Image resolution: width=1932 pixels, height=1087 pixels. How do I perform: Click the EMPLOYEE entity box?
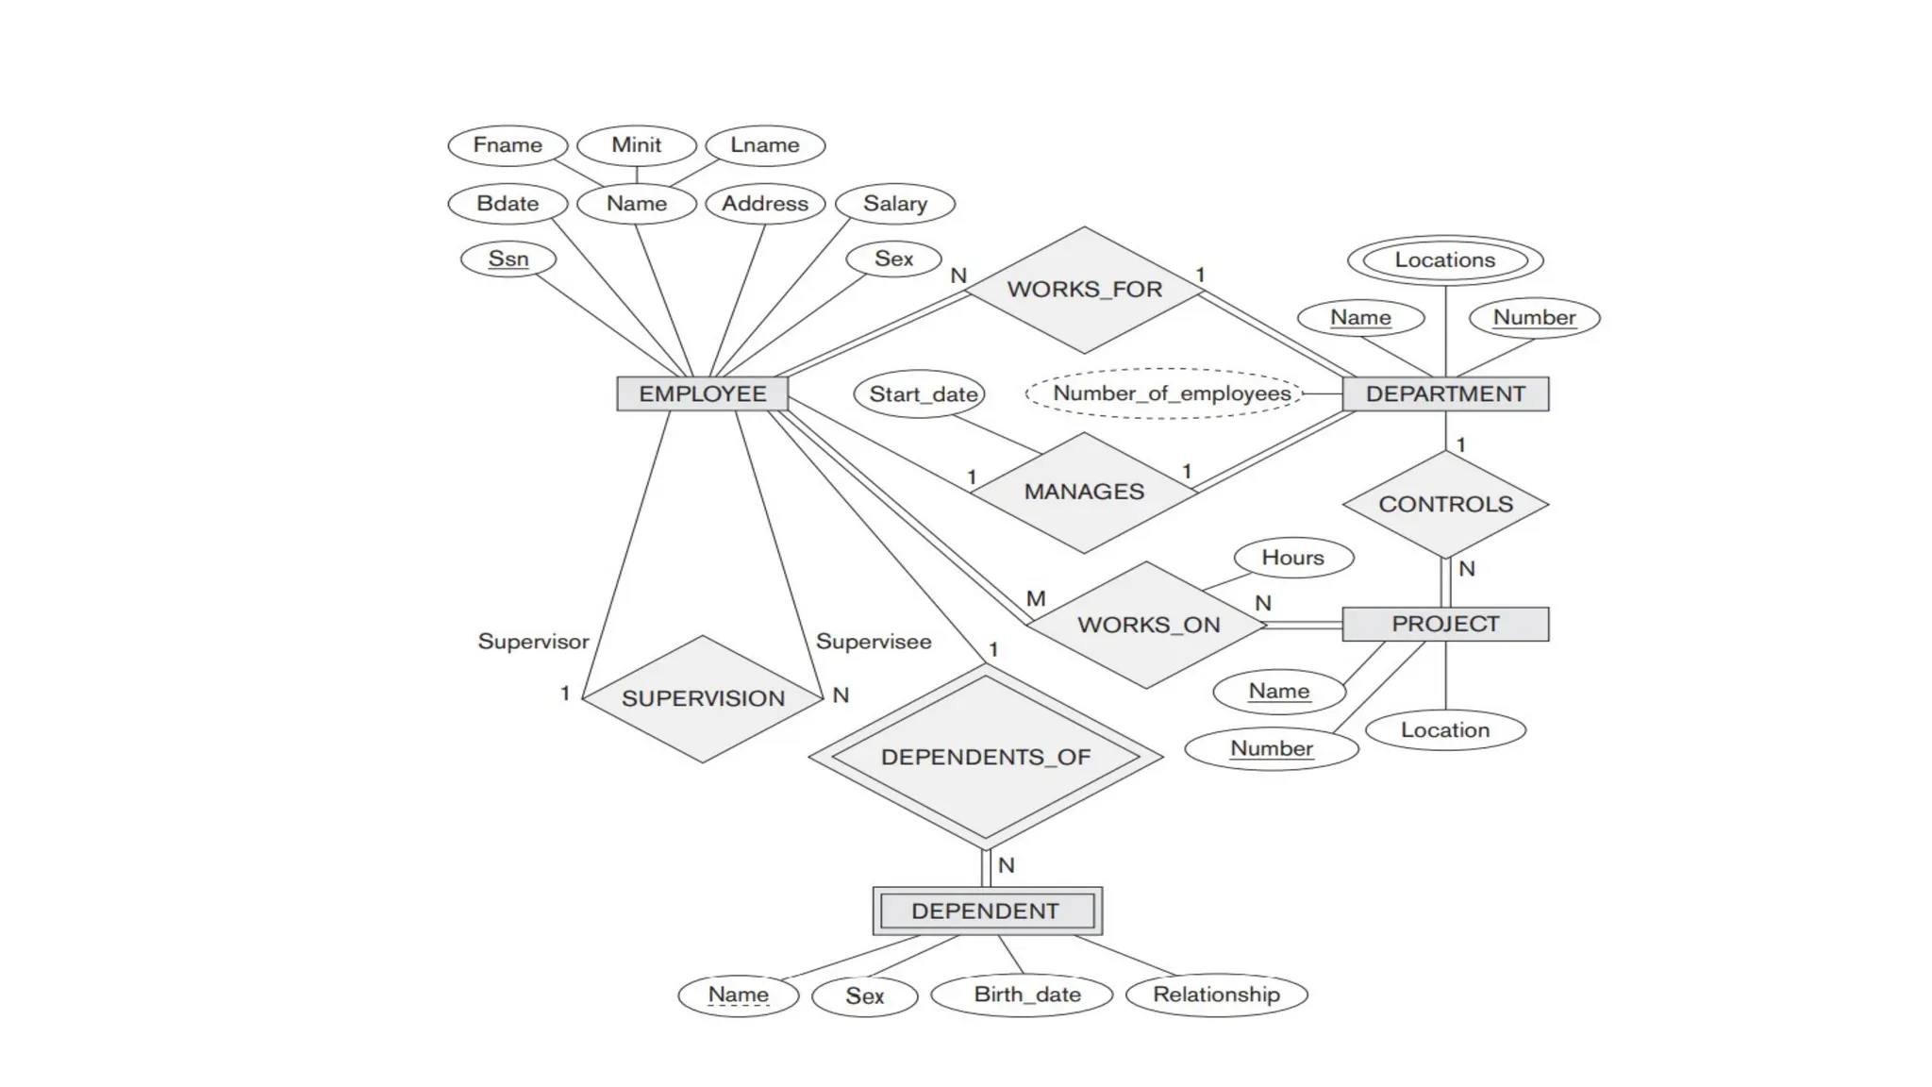[x=702, y=393]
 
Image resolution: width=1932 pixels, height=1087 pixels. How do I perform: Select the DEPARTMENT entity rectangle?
[x=1445, y=393]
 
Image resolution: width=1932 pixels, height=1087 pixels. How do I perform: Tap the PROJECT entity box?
[x=1445, y=624]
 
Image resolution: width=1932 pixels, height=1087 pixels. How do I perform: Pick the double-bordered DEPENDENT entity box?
[x=987, y=911]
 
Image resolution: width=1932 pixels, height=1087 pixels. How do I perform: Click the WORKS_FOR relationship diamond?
[x=1084, y=290]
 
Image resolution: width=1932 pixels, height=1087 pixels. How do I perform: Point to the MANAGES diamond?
[x=1084, y=492]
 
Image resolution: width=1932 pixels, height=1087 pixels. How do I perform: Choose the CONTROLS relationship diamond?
[x=1445, y=504]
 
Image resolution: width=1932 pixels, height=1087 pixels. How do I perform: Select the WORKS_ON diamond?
[x=1148, y=625]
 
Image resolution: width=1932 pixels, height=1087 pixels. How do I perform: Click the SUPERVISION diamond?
[x=703, y=698]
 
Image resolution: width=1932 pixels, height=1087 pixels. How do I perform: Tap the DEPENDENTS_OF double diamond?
[x=986, y=757]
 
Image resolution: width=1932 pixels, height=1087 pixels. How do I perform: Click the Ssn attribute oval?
[x=508, y=259]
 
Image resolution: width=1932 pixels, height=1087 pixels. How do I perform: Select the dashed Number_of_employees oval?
[x=1171, y=393]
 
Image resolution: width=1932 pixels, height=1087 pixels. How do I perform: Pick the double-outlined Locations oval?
[x=1445, y=260]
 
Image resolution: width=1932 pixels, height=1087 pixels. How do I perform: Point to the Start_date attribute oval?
[x=923, y=393]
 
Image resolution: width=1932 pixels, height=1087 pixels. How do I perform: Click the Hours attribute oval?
[x=1293, y=558]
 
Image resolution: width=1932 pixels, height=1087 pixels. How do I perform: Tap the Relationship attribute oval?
[x=1216, y=995]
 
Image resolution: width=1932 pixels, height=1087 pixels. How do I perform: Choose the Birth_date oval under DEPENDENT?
[x=1026, y=995]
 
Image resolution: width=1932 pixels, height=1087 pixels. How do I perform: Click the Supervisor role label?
[x=533, y=642]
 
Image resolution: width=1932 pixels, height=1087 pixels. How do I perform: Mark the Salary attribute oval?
[x=895, y=204]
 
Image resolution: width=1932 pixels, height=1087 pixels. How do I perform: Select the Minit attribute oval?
[x=637, y=145]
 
